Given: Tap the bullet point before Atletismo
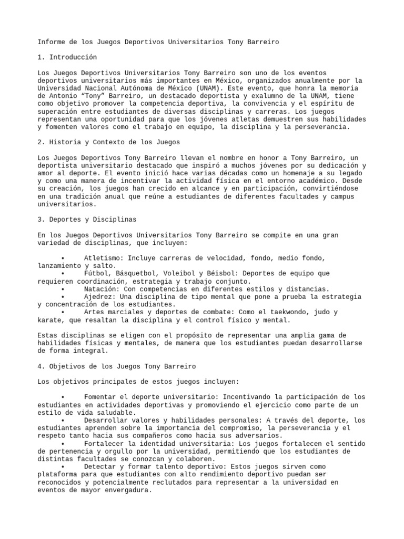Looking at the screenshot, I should (x=62, y=258).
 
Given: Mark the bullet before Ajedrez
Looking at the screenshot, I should (x=62, y=297).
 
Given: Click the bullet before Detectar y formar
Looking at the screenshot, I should (x=62, y=466).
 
